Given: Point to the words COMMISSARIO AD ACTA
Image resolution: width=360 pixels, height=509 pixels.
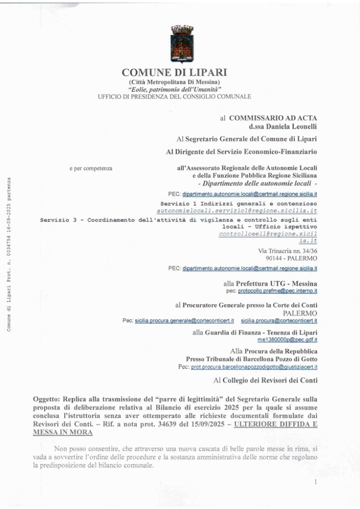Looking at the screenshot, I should pos(272,118).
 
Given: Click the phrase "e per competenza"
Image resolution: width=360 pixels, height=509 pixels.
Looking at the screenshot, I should pos(91,169).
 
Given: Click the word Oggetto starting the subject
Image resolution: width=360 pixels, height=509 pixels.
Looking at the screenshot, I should pos(46,399).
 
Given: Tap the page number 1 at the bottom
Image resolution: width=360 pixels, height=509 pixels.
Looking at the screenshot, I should pos(315,482).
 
